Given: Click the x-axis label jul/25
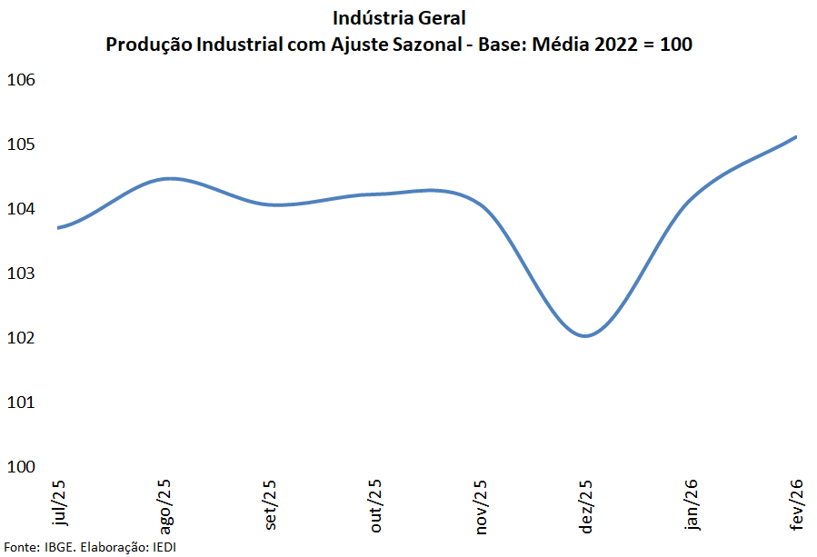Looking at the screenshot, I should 60,502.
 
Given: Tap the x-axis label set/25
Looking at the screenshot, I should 271,504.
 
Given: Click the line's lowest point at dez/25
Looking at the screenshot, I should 586,336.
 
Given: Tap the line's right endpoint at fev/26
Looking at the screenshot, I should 796,136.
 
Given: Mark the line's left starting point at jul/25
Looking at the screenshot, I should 58,227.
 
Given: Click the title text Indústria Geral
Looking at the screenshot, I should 399,18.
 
